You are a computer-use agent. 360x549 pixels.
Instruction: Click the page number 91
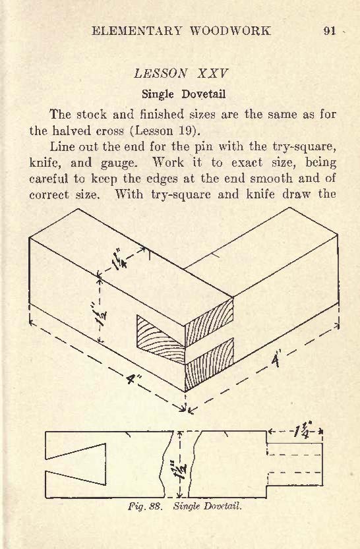click(330, 31)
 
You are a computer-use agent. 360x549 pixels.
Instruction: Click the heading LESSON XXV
click(181, 74)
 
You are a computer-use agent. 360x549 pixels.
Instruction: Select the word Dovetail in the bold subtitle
click(204, 94)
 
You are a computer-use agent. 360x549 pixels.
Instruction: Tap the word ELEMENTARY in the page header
click(137, 31)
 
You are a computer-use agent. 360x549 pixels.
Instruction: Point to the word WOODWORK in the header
click(230, 31)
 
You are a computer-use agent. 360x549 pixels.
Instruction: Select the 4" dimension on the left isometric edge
click(134, 379)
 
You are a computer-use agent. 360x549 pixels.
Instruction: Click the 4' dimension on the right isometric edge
click(276, 361)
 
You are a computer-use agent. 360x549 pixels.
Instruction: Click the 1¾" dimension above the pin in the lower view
click(303, 432)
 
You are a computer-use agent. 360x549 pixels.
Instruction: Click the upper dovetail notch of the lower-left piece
click(76, 451)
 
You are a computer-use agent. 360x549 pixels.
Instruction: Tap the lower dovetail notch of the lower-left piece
click(76, 478)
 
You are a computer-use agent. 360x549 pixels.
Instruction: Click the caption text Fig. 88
click(144, 506)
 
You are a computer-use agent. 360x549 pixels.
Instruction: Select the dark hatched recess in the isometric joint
click(160, 338)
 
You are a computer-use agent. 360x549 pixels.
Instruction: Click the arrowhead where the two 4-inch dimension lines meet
click(185, 409)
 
